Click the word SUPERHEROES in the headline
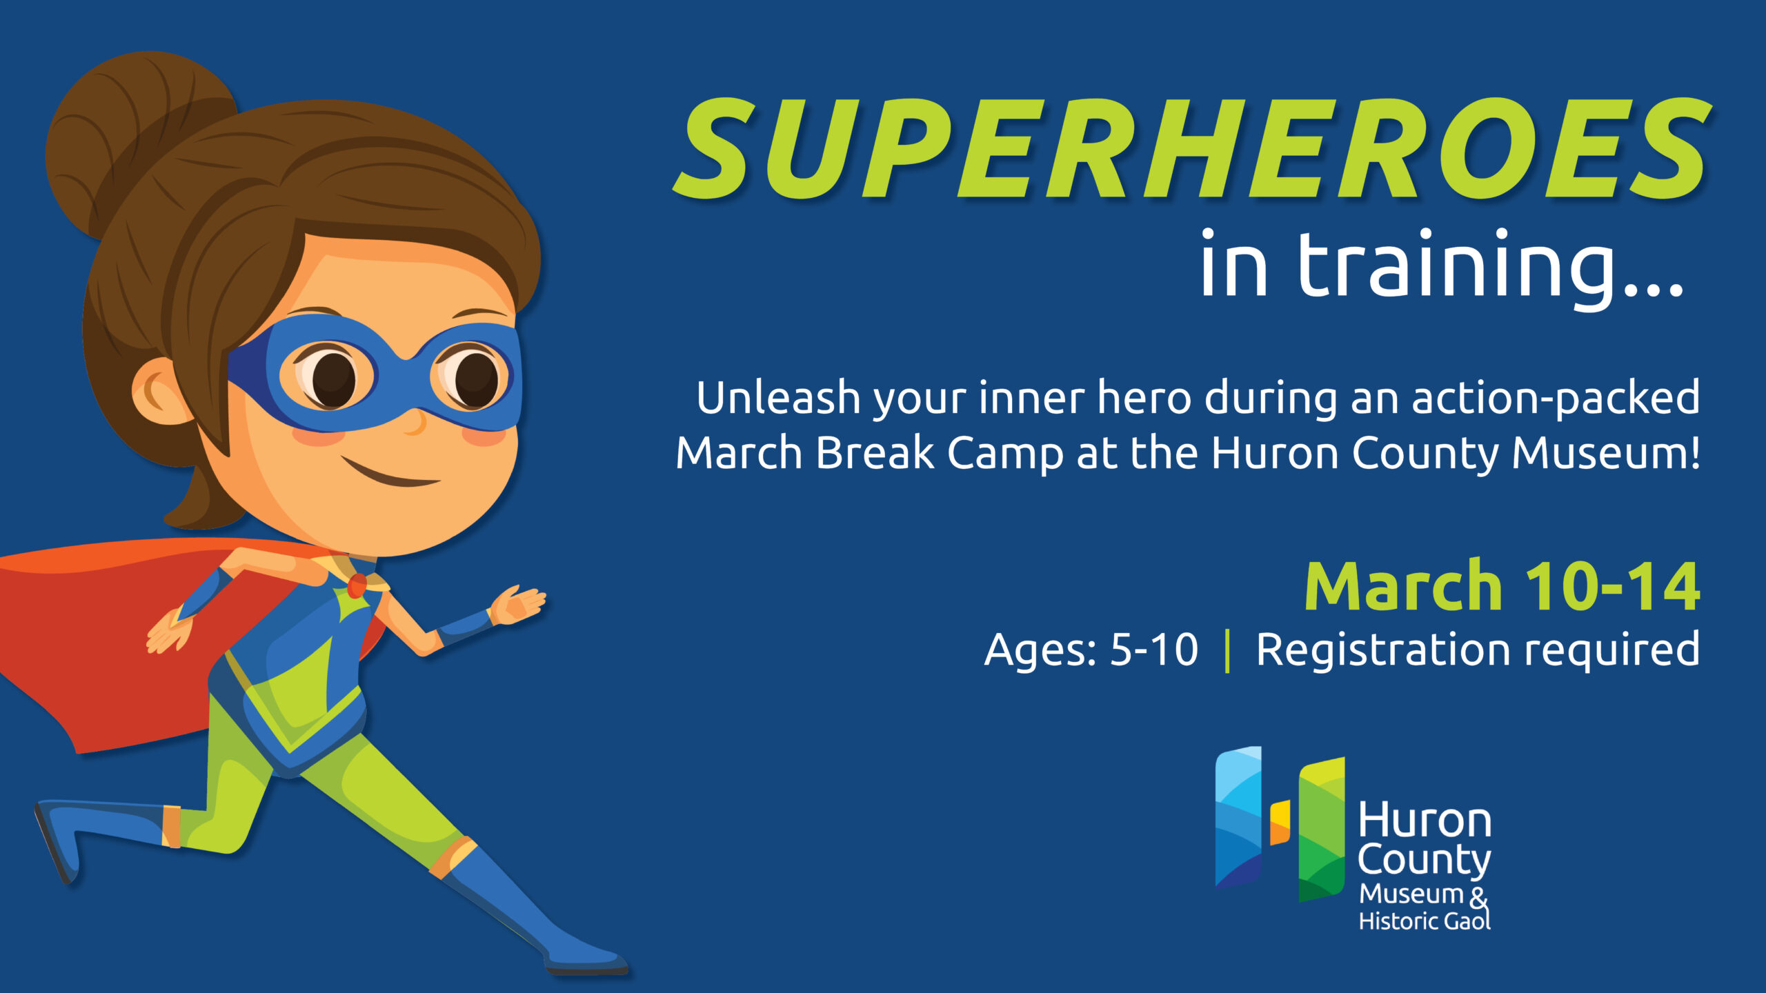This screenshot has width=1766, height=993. [x=1192, y=149]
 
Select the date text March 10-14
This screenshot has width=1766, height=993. [x=1502, y=586]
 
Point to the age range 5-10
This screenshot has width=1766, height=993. [x=1154, y=650]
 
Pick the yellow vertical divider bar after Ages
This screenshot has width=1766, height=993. [x=1227, y=652]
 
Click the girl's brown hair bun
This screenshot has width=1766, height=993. [x=131, y=138]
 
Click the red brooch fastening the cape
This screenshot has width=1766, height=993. [x=357, y=586]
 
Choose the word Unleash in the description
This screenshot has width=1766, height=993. [x=778, y=399]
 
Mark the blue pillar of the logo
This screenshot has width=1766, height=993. [x=1238, y=817]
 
